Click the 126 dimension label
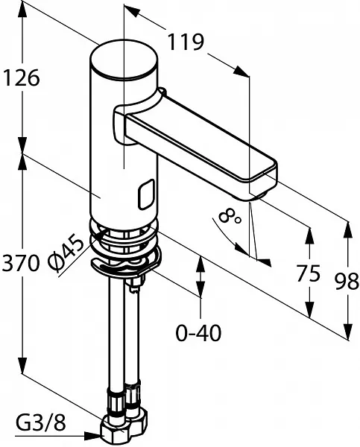[x=21, y=77]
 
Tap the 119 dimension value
[x=186, y=42]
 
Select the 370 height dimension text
[x=20, y=263]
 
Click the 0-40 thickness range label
[x=198, y=333]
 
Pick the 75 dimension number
[x=308, y=273]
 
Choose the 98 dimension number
[x=347, y=282]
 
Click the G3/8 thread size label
[x=40, y=422]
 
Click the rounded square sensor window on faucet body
[x=147, y=194]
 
